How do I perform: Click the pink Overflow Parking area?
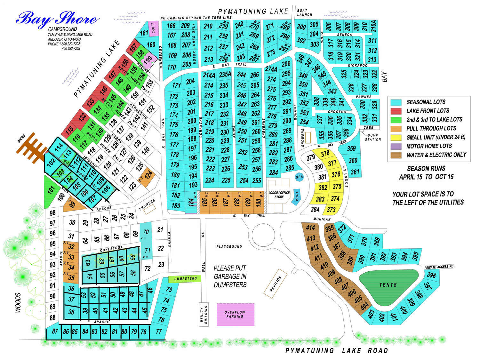click(236, 315)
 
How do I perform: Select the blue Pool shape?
click(297, 196)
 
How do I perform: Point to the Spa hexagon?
click(299, 177)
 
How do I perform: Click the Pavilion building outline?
click(276, 284)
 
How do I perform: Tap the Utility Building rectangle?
click(204, 315)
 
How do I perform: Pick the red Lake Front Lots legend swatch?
click(396, 111)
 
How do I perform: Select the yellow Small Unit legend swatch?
click(396, 138)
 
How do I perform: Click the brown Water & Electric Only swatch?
click(396, 155)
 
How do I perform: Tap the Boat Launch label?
click(304, 12)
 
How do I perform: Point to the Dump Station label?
click(373, 137)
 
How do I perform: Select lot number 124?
click(148, 176)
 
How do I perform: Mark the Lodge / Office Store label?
click(279, 195)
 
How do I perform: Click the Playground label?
click(229, 247)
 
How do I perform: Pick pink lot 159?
click(148, 60)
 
